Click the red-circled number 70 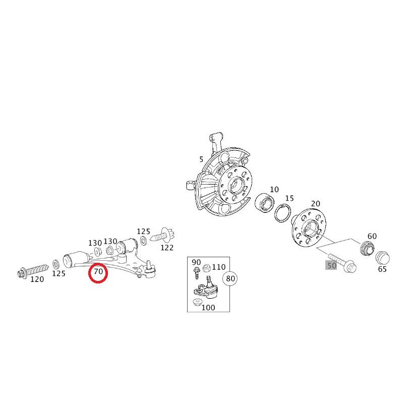[98, 273]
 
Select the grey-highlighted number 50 [331, 265]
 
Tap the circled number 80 [230, 278]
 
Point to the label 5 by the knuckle [201, 160]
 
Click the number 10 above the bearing [274, 190]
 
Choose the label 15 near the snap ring [289, 199]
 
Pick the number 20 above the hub [315, 204]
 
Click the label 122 [166, 248]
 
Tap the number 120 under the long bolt [37, 279]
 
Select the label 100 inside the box [208, 307]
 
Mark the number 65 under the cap [382, 269]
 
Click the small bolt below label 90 [196, 273]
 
